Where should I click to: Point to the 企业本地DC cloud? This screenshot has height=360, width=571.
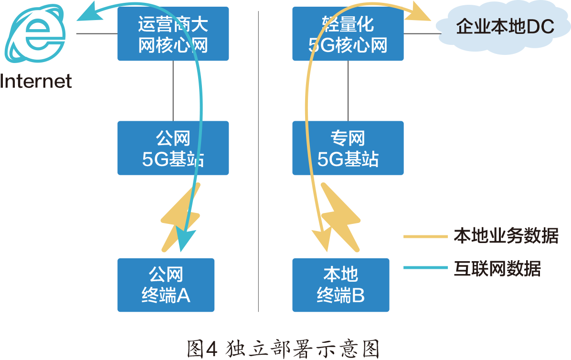(504, 28)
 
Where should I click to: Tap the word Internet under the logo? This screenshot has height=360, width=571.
(36, 81)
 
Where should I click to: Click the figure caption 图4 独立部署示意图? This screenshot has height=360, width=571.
(284, 349)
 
